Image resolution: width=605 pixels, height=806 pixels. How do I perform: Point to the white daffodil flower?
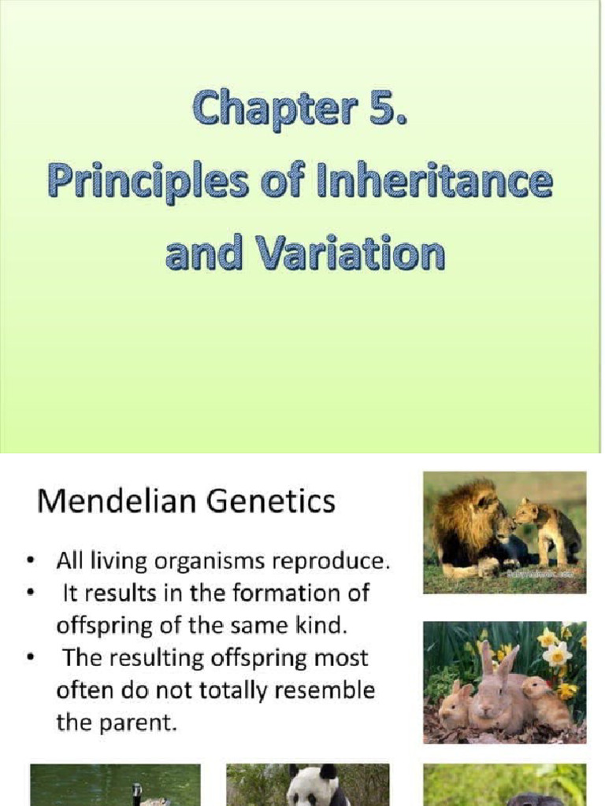(x=558, y=653)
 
